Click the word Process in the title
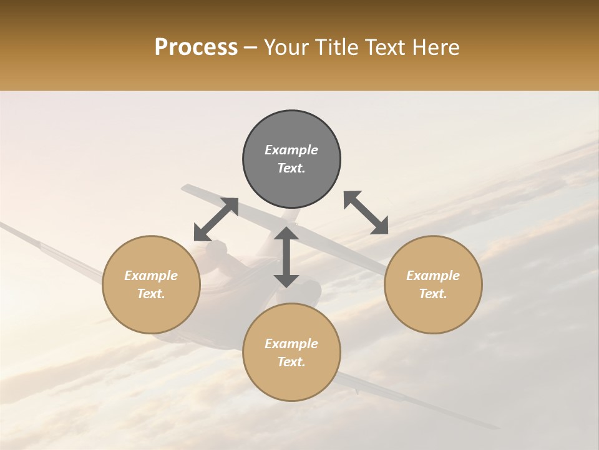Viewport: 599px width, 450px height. pyautogui.click(x=196, y=47)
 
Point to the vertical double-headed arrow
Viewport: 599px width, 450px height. pyautogui.click(x=286, y=257)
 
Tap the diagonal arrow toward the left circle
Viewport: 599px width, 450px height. pyautogui.click(x=216, y=219)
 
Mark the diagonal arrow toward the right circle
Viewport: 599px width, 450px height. pyautogui.click(x=366, y=212)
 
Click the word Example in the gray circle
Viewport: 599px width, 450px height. pyautogui.click(x=291, y=150)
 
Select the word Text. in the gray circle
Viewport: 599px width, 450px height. pyautogui.click(x=291, y=168)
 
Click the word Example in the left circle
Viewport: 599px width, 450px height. pyautogui.click(x=151, y=276)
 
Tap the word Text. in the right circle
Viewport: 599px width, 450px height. pyautogui.click(x=433, y=294)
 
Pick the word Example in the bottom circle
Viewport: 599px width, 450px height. pyautogui.click(x=291, y=344)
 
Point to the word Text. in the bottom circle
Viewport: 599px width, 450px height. pyautogui.click(x=291, y=362)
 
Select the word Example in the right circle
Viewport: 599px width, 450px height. pyautogui.click(x=433, y=276)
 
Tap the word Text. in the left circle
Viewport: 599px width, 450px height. pyautogui.click(x=151, y=294)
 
